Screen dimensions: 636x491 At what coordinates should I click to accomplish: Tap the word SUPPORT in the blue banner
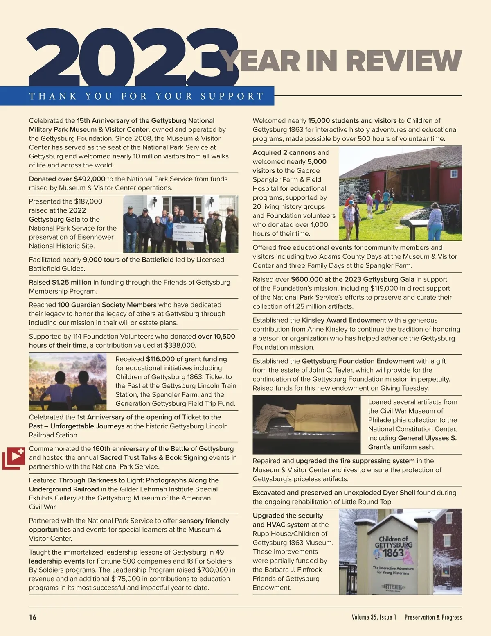(x=232, y=96)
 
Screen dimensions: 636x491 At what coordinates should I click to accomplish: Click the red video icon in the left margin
(x=14, y=458)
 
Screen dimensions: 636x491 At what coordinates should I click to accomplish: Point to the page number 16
(x=33, y=617)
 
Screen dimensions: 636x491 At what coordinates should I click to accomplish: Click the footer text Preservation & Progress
(x=433, y=617)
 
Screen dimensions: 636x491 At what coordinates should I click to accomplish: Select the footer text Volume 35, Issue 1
(x=374, y=617)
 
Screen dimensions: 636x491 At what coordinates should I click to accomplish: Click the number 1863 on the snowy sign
(x=393, y=553)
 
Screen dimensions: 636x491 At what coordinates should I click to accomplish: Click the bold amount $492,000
(x=89, y=179)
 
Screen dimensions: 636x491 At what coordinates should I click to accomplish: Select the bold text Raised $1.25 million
(x=60, y=282)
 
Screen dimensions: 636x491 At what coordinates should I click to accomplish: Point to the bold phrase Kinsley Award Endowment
(x=344, y=320)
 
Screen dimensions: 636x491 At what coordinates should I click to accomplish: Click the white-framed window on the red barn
(x=454, y=174)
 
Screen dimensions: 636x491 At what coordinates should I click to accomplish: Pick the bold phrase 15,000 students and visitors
(x=352, y=121)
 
